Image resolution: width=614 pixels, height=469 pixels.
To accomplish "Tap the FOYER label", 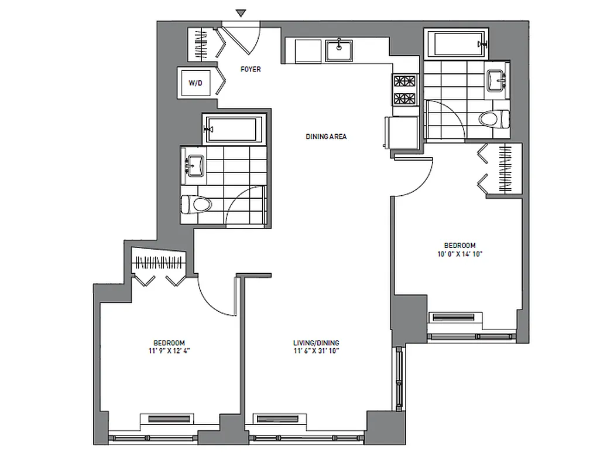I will click(x=251, y=69).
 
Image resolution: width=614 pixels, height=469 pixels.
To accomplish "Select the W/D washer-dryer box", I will click(x=195, y=83).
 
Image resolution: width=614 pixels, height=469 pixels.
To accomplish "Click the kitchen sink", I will click(x=339, y=50).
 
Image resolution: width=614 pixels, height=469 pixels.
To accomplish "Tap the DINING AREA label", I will click(x=326, y=137).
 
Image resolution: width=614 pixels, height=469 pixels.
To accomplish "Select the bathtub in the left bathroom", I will click(x=233, y=128).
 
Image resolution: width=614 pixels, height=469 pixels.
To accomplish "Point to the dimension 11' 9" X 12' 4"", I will click(x=169, y=351).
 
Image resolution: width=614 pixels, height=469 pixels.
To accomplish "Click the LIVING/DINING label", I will click(x=316, y=343).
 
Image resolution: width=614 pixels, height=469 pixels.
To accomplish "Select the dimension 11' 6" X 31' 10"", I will click(x=316, y=351).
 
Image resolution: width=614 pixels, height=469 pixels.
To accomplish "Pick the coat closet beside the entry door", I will click(x=201, y=43).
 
